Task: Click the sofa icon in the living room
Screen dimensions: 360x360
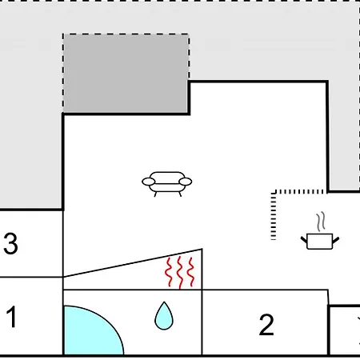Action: [x=166, y=184]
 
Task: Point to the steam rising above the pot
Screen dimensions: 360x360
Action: [x=321, y=222]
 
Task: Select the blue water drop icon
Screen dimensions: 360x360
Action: [x=164, y=316]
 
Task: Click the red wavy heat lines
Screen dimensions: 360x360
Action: [x=180, y=273]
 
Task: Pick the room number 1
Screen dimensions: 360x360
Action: [x=11, y=317]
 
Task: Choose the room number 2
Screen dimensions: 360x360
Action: [x=266, y=325]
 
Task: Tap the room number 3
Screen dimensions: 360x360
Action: [x=10, y=243]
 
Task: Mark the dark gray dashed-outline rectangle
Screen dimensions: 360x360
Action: [x=126, y=73]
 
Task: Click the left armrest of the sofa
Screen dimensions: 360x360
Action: [x=149, y=182]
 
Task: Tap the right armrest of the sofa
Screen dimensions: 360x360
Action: [x=186, y=182]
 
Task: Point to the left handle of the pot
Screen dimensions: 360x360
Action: [x=304, y=239]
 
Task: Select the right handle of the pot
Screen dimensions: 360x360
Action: [x=336, y=240]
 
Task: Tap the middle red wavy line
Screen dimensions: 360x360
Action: [x=180, y=273]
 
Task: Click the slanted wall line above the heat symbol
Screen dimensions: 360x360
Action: [x=133, y=263]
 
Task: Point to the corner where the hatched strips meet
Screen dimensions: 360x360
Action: [x=274, y=192]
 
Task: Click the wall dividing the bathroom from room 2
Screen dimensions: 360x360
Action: [x=202, y=322]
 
